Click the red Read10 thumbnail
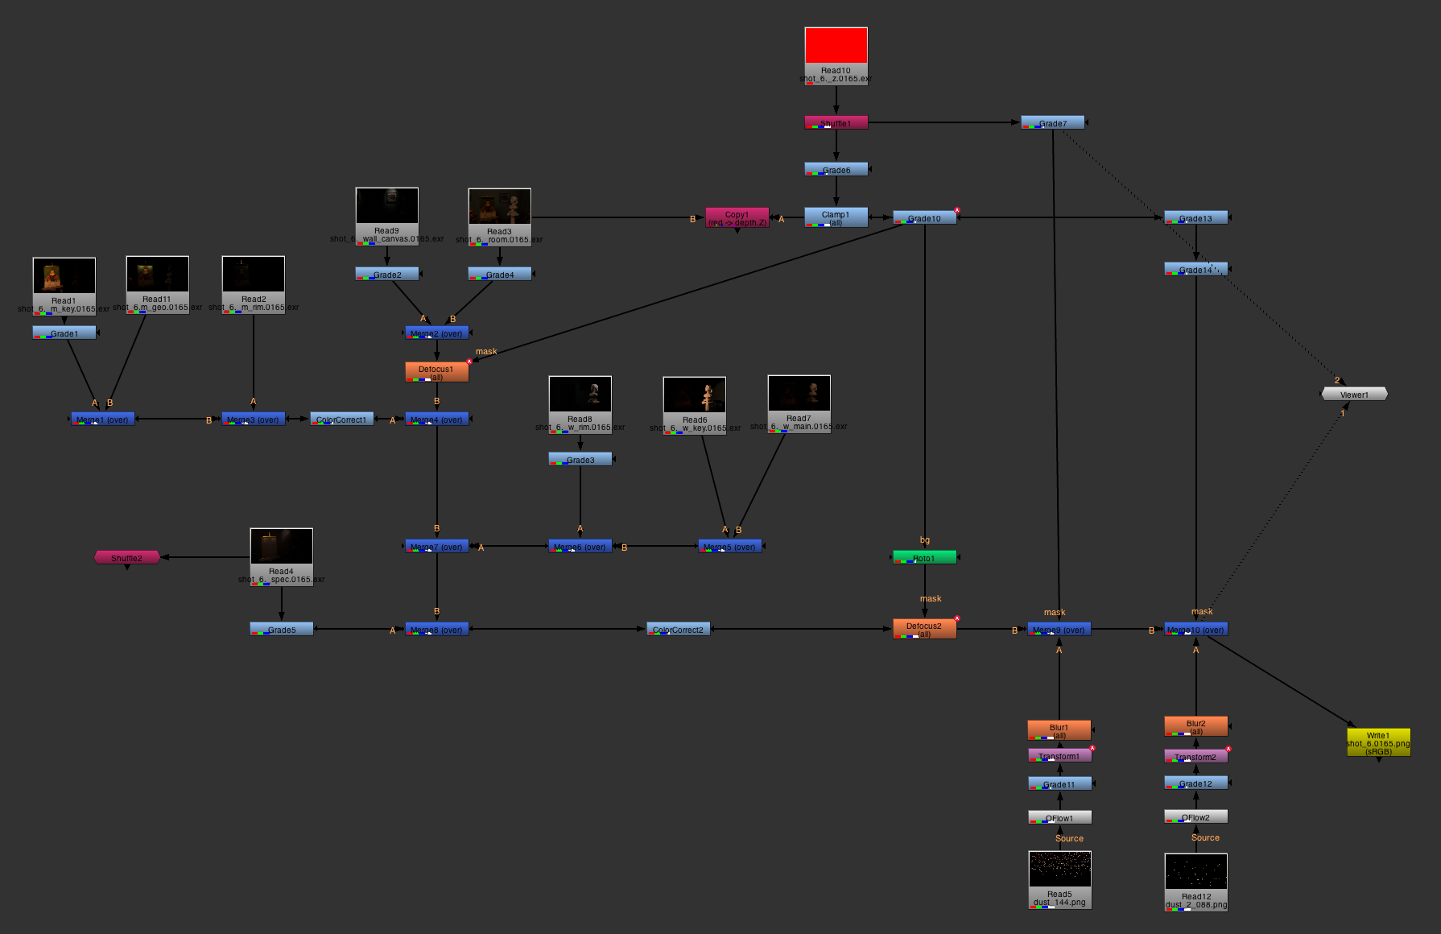836,46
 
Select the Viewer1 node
1354,394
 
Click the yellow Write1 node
1378,742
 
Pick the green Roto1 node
924,557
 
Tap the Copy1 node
737,218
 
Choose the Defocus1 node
436,371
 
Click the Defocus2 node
924,629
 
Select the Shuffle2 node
126,557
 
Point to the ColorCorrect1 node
341,419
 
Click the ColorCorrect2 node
678,630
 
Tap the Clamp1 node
836,217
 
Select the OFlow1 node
1059,817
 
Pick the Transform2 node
1195,756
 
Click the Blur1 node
1059,729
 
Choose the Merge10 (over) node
1195,630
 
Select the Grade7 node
1052,123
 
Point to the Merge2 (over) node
436,333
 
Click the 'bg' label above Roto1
925,540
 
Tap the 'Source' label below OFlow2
1205,837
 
